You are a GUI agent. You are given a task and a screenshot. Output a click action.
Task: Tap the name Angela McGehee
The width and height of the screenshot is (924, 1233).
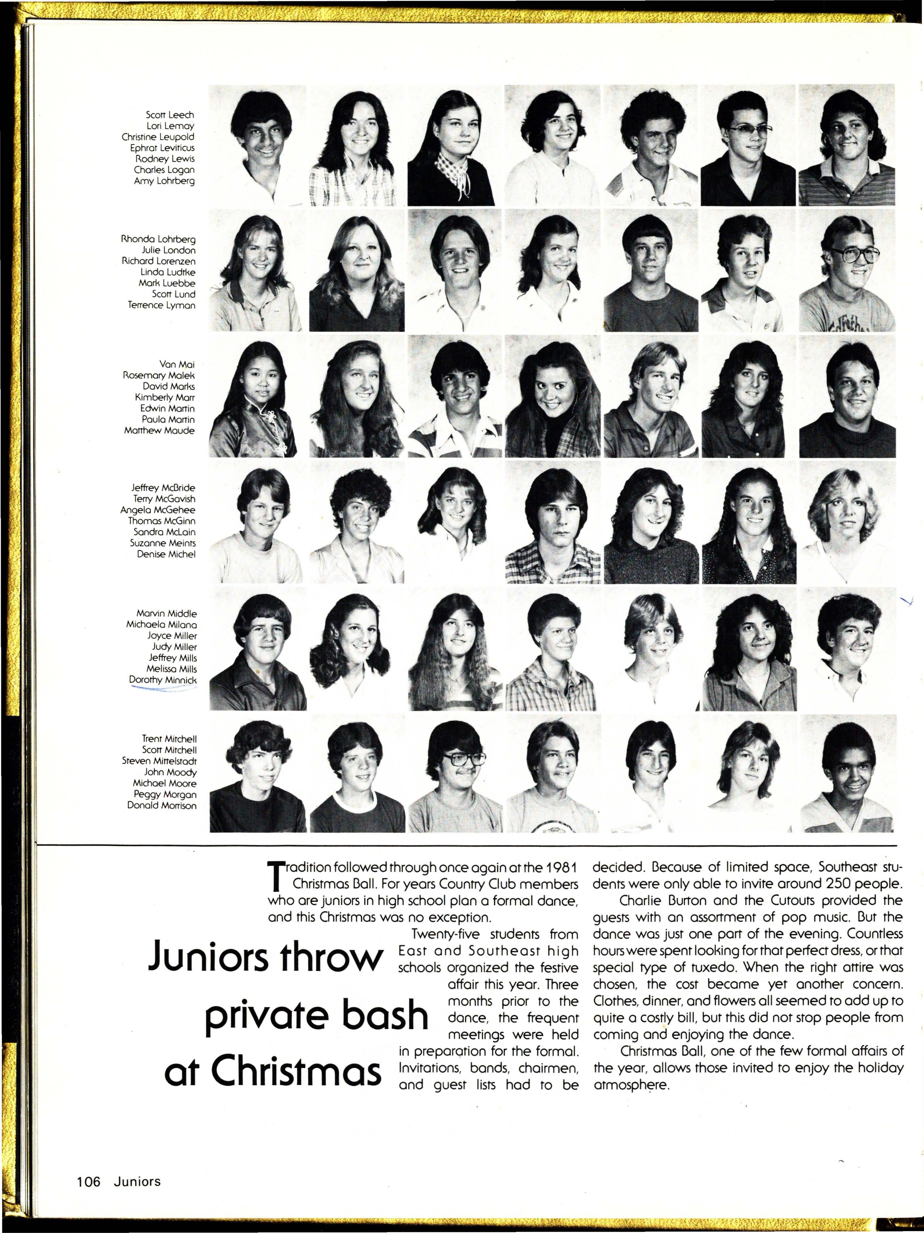[158, 509]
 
